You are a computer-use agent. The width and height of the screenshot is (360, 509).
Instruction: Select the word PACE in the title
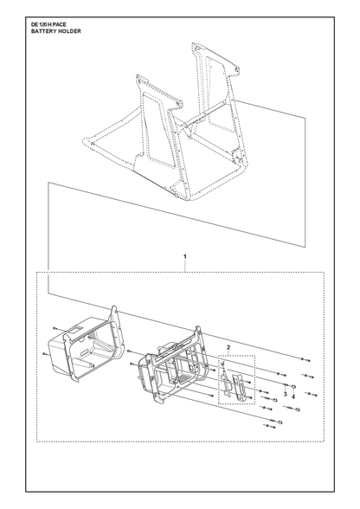60,24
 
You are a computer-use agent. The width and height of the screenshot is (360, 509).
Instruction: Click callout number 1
185,256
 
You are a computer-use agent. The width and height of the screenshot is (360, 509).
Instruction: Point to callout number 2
228,348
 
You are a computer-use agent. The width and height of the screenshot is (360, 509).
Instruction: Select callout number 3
285,394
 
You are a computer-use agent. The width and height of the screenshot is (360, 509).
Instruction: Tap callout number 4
293,396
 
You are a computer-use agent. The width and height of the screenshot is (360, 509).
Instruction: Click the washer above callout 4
293,386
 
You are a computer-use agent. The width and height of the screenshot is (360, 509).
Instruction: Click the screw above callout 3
286,385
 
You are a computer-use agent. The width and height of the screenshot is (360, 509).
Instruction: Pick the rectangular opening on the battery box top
73,330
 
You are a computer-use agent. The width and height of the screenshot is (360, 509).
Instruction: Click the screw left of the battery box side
46,353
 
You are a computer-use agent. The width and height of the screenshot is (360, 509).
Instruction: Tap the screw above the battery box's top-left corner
55,328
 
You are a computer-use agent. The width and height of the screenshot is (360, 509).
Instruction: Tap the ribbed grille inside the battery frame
183,377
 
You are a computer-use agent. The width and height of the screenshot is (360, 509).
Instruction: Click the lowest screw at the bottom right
269,426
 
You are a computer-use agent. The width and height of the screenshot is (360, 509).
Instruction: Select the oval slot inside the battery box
83,352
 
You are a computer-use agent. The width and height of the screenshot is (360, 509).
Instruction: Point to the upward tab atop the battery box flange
114,312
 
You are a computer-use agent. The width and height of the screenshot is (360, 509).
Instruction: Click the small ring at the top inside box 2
223,364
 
